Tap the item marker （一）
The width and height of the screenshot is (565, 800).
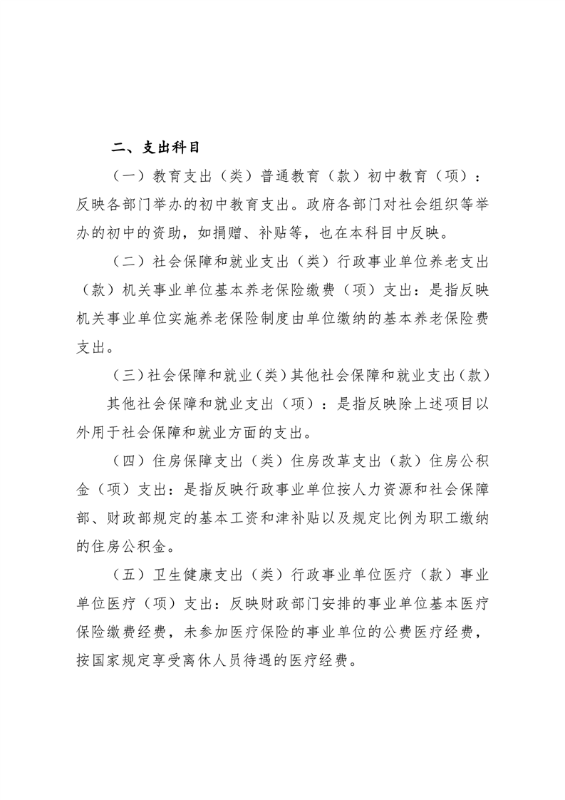click(x=128, y=175)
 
